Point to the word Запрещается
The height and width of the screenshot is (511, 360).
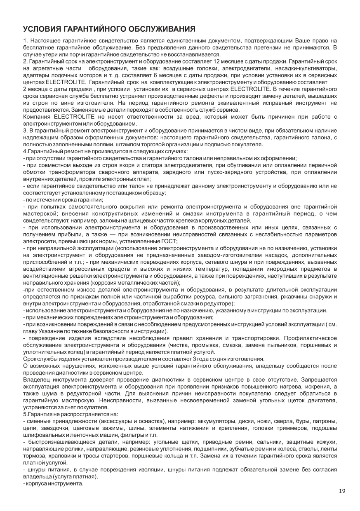[318, 379]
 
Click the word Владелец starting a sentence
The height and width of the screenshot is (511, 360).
[36, 379]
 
